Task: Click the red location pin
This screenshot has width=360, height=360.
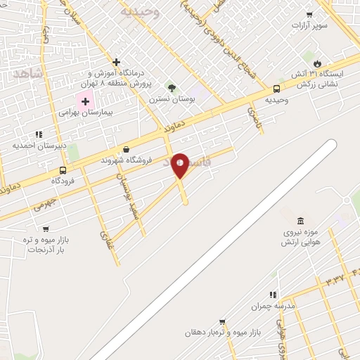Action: (x=180, y=165)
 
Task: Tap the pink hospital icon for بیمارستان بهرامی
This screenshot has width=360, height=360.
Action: (x=86, y=101)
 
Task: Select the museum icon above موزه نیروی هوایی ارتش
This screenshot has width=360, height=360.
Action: (x=300, y=221)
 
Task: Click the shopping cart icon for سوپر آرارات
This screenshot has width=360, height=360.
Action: (x=309, y=14)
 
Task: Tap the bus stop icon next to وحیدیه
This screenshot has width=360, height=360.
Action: (x=276, y=89)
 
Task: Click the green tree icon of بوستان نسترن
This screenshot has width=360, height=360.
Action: (x=171, y=88)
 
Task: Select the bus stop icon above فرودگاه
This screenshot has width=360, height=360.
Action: (x=63, y=170)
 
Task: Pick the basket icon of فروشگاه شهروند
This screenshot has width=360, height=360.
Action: (x=126, y=149)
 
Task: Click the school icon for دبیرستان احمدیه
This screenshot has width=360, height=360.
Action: (x=39, y=134)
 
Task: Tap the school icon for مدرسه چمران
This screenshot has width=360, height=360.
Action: (x=273, y=295)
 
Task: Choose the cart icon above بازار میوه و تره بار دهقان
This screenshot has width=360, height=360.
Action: (x=222, y=321)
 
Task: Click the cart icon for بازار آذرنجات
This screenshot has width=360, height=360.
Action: (x=46, y=229)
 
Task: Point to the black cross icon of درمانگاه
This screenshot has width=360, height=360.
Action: (x=117, y=62)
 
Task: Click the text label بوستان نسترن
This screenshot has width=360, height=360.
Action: (x=170, y=99)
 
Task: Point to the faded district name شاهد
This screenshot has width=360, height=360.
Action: (x=28, y=74)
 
